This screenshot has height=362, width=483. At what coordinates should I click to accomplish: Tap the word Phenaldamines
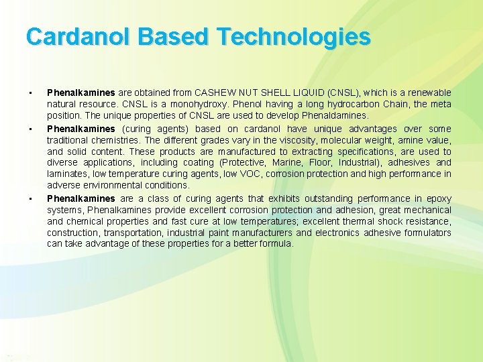335,116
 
